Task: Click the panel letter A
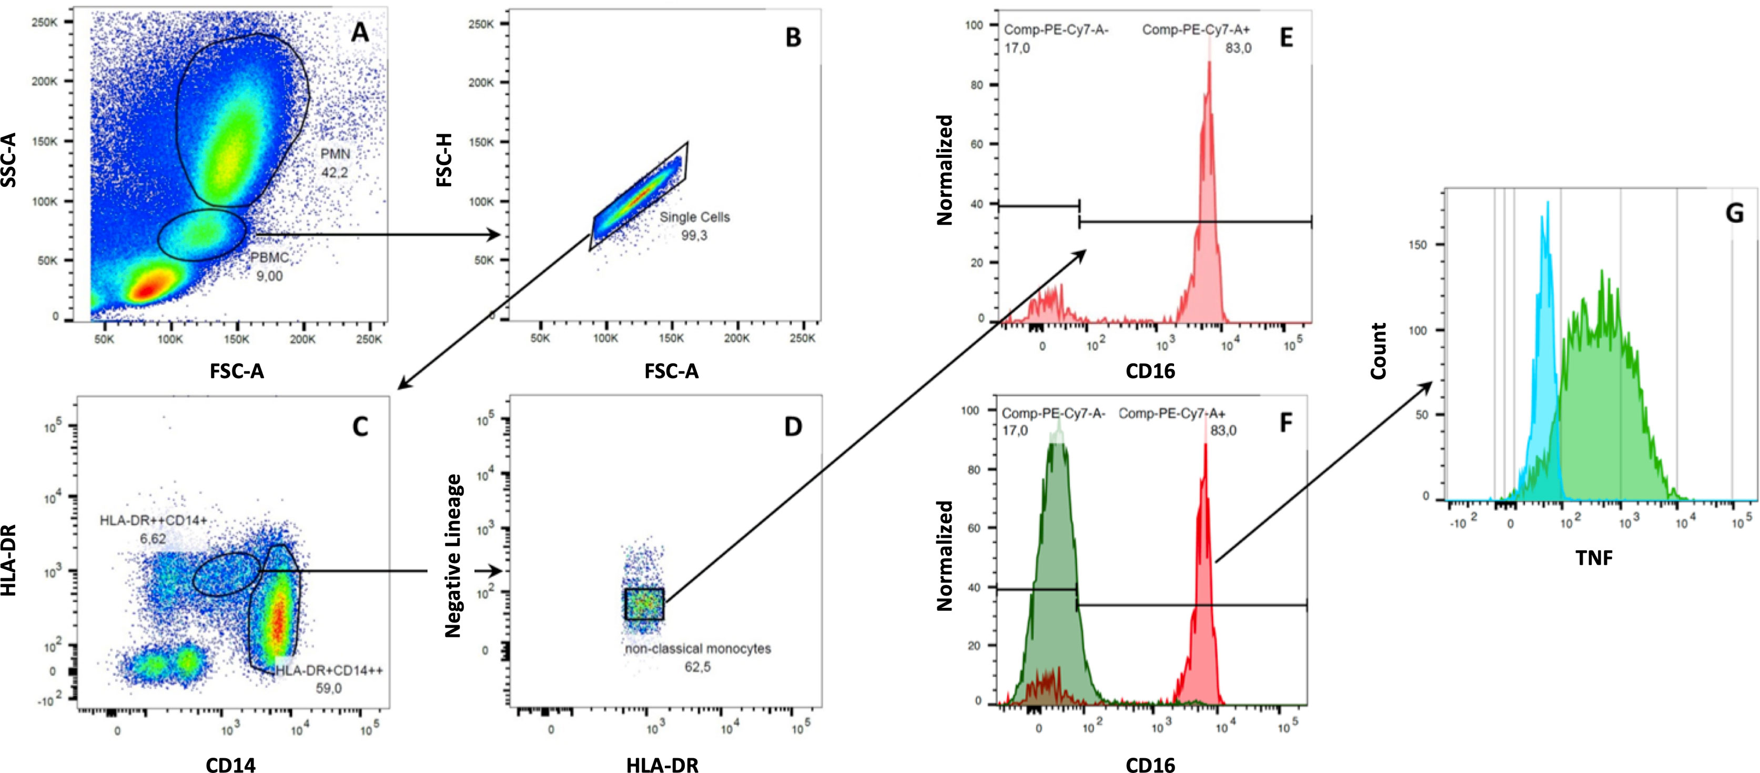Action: (359, 32)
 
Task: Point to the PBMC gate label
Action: (269, 258)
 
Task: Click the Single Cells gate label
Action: (694, 217)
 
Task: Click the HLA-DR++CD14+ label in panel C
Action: (153, 521)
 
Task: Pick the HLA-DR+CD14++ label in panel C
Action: (329, 670)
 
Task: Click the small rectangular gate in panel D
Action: (644, 604)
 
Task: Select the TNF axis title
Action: (1594, 558)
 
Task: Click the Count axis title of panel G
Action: (1379, 352)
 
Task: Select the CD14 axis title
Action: (231, 765)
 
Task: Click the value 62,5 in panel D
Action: (697, 666)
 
